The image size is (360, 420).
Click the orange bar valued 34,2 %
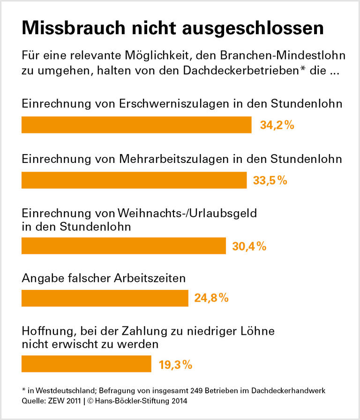pyautogui.click(x=136, y=125)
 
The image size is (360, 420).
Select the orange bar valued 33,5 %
pyautogui.click(x=134, y=180)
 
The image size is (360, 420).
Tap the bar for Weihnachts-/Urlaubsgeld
pyautogui.click(x=124, y=246)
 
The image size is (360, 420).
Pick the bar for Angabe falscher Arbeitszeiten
pyautogui.click(x=105, y=298)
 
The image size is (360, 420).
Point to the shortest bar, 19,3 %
pyautogui.click(x=86, y=364)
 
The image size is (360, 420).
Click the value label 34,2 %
pyautogui.click(x=277, y=125)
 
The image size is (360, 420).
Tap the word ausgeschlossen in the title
pyautogui.click(x=258, y=29)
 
